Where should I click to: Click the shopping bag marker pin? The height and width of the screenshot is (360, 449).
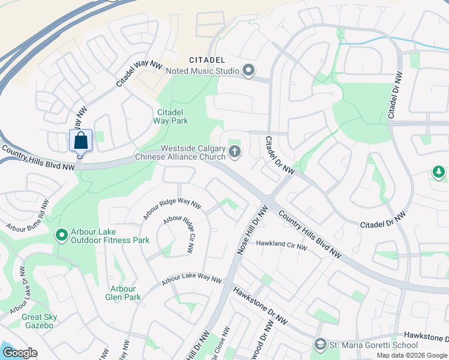(81, 142)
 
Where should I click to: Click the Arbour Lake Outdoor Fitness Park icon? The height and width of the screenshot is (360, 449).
(61, 235)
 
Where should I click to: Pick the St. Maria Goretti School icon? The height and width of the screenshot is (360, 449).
(320, 344)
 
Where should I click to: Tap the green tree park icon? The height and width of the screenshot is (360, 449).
(439, 172)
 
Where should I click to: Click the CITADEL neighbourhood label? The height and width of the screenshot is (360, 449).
(207, 60)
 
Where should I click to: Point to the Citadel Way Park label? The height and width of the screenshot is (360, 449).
(172, 116)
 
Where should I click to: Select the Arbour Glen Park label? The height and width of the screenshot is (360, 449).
(125, 293)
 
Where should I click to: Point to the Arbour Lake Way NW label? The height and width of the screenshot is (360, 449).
(191, 280)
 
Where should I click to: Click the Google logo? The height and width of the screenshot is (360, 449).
(20, 353)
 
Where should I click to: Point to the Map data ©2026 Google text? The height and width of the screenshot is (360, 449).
(412, 355)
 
